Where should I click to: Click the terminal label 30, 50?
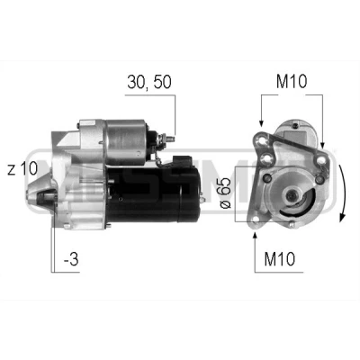pyautogui.click(x=149, y=82)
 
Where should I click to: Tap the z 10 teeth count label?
pyautogui.click(x=22, y=168)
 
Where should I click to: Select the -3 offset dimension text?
pyautogui.click(x=71, y=259)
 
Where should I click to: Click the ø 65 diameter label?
pyautogui.click(x=226, y=193)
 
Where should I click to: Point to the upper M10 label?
pyautogui.click(x=292, y=82)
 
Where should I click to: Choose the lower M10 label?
pyautogui.click(x=280, y=259)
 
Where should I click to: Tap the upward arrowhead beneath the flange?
pyautogui.click(x=255, y=236)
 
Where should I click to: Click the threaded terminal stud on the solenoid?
pyautogui.click(x=170, y=139)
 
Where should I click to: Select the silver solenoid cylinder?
pyautogui.click(x=125, y=142)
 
